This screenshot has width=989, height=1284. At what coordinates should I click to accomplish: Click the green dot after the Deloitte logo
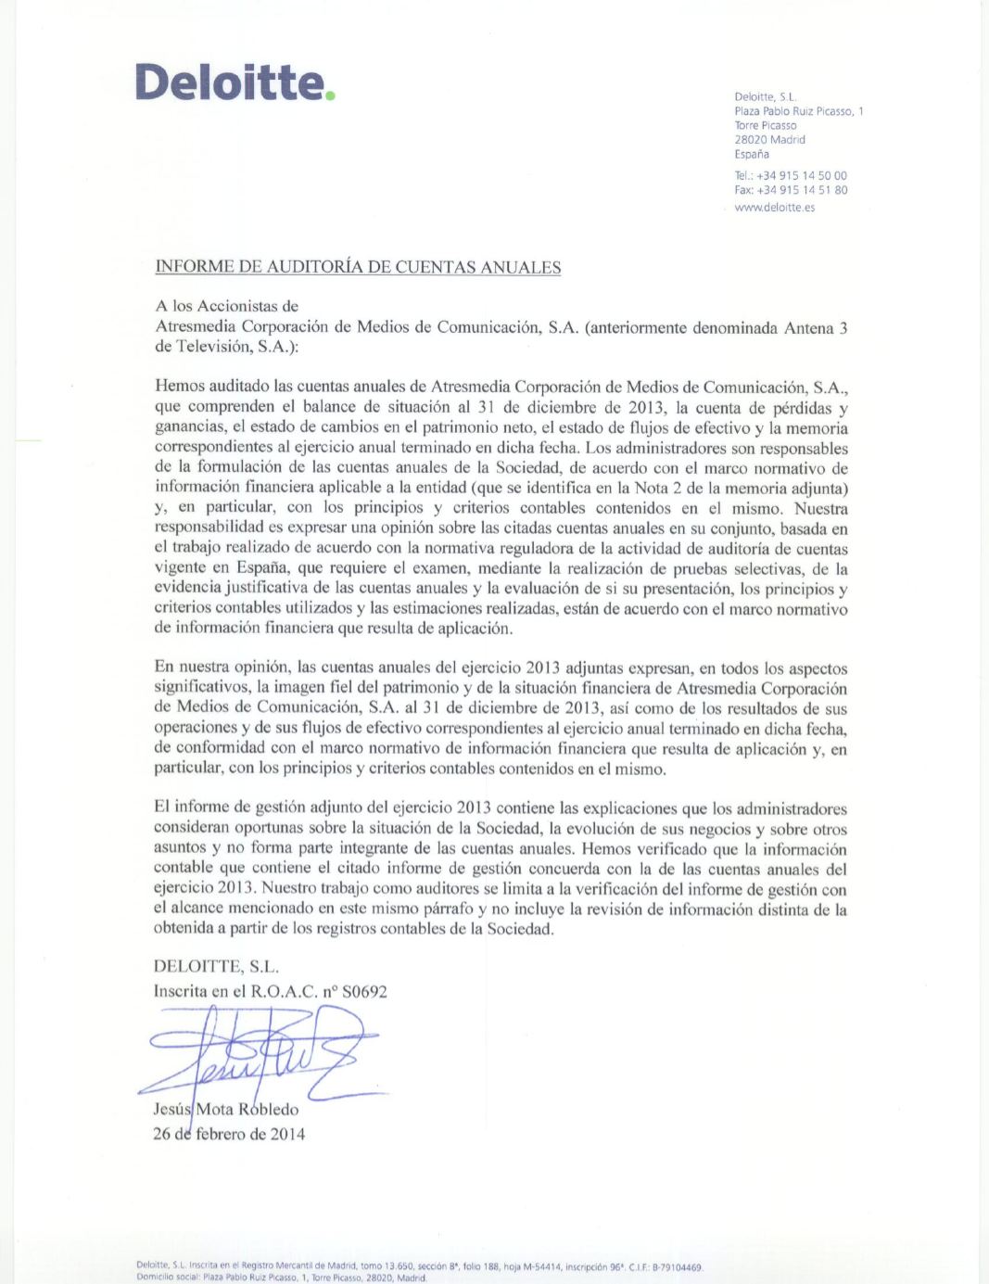[x=329, y=95]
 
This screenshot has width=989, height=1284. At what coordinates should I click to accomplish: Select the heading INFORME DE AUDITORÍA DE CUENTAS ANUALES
[x=358, y=268]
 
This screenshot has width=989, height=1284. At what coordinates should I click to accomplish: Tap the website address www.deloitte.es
[x=774, y=207]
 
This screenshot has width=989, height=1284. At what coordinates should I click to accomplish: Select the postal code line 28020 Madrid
[x=769, y=140]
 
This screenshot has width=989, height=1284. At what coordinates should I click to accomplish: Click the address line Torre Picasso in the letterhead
[x=765, y=125]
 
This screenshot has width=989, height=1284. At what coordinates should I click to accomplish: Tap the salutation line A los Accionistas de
[x=226, y=306]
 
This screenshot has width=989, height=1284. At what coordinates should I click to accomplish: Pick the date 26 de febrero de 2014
[x=229, y=1134]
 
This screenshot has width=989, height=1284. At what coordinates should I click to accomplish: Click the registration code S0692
[x=364, y=991]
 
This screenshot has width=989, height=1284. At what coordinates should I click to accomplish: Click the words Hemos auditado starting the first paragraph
[x=209, y=388]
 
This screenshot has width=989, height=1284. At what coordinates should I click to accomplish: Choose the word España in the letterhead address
[x=752, y=154]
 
